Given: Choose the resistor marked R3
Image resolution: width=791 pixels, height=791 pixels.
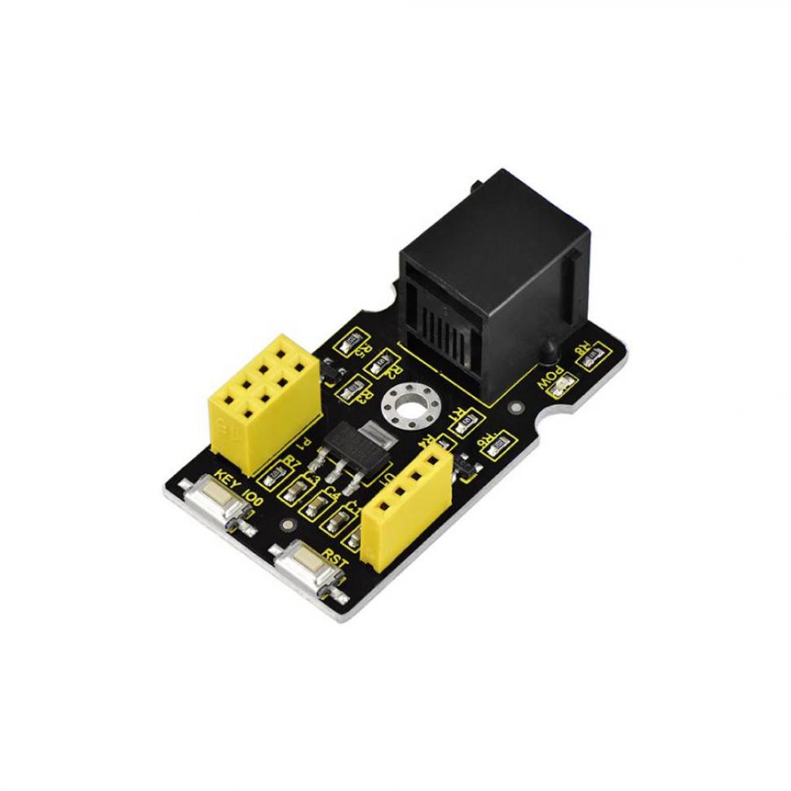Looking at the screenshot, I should (x=351, y=391).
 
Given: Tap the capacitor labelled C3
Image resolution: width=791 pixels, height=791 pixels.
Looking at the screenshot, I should (x=295, y=492).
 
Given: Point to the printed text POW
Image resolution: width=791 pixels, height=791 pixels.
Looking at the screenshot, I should (x=546, y=377).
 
